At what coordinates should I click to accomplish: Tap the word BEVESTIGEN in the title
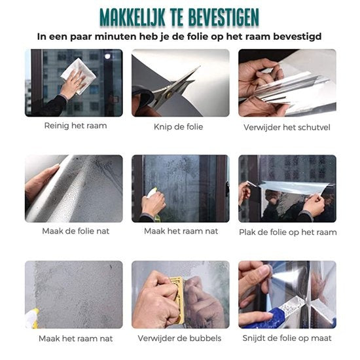(x=225, y=16)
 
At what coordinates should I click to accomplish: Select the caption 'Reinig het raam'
(x=75, y=125)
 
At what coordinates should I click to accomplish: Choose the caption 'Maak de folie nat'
(x=73, y=231)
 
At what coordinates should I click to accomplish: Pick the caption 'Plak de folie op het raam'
(x=287, y=232)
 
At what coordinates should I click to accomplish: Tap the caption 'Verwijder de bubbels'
(x=179, y=338)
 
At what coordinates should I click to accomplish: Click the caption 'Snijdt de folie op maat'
(x=287, y=338)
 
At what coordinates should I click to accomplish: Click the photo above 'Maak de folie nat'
(x=73, y=188)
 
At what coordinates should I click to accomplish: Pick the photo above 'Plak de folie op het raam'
(x=287, y=188)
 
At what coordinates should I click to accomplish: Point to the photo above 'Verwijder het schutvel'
(x=287, y=82)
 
